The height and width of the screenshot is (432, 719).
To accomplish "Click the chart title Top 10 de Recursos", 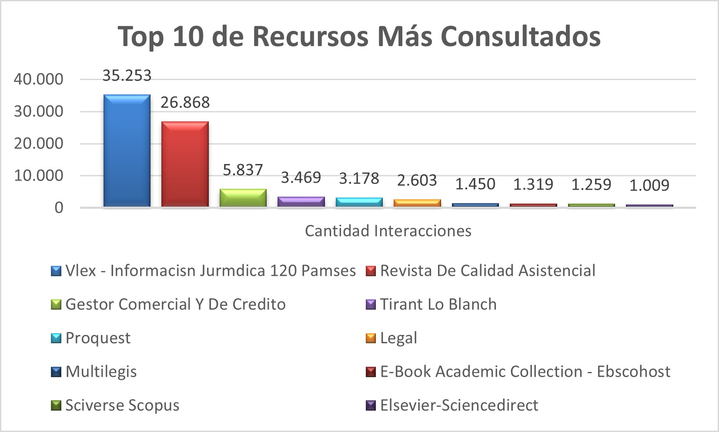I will [x=359, y=36].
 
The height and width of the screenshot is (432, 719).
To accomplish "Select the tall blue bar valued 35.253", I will [x=127, y=151].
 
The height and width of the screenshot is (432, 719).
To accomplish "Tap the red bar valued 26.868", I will [x=185, y=164].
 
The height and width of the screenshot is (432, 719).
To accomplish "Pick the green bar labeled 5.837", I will [x=243, y=198].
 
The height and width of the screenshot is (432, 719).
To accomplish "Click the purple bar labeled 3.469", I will [x=301, y=202].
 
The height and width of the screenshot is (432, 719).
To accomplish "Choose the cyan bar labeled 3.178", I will [x=359, y=202].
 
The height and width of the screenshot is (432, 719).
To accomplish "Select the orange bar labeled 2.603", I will [x=417, y=203].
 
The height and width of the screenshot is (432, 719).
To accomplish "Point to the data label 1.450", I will [x=475, y=184].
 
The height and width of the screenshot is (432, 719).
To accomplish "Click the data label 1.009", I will [x=649, y=186].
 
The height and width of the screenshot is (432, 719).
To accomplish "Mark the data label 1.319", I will [x=533, y=185].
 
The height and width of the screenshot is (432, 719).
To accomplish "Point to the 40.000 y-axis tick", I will [x=39, y=79].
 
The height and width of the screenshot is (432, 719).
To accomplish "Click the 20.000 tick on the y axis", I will [x=39, y=144].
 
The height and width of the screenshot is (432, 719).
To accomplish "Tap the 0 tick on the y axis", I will [x=59, y=208].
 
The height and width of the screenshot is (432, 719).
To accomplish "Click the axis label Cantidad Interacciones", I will [x=388, y=231].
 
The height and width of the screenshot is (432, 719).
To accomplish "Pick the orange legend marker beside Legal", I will [x=371, y=338].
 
